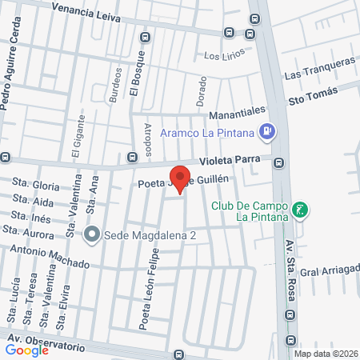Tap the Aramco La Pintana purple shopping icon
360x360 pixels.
(x=269, y=130)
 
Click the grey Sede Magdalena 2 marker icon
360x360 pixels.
(x=92, y=234)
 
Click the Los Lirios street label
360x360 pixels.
(x=222, y=56)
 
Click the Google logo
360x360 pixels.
(x=26, y=350)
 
